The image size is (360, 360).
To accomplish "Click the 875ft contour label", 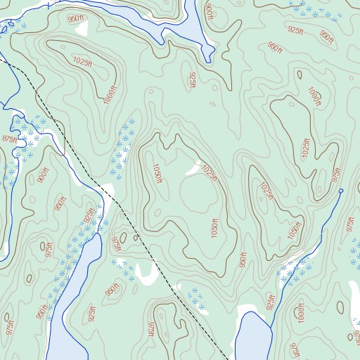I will (9, 139).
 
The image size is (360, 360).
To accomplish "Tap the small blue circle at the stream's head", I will (341, 191).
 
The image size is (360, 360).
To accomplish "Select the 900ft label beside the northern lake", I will (209, 11).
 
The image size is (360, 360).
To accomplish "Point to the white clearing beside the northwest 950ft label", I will (82, 28).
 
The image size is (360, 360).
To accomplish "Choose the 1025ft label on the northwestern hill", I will (82, 63).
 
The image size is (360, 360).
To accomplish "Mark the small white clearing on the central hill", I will (192, 170).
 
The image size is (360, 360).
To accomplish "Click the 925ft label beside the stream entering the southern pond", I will (271, 302).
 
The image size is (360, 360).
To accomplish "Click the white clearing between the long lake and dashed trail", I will (147, 274).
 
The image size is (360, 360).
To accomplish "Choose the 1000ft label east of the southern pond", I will (300, 314).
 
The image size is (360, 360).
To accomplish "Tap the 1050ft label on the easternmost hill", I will (294, 231).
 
